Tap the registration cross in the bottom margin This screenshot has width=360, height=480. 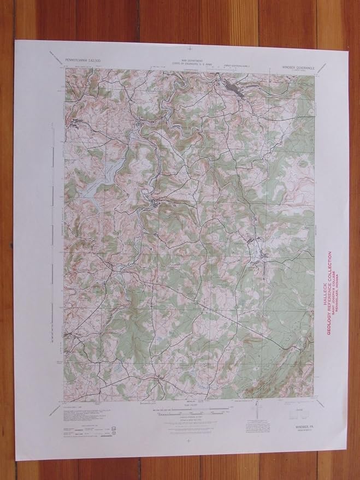[187, 440]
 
